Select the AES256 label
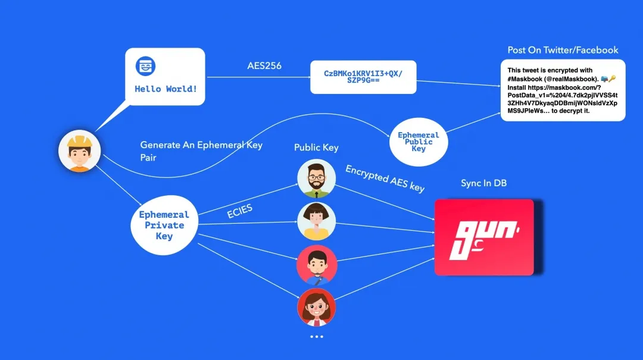(x=264, y=65)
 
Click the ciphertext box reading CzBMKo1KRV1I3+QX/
(x=363, y=77)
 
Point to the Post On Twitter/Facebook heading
(x=563, y=50)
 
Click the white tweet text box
(x=563, y=90)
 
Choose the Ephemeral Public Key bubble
(x=419, y=141)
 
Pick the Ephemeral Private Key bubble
(x=164, y=225)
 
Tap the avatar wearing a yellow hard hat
(x=79, y=151)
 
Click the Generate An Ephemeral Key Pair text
(x=201, y=151)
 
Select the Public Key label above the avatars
(x=316, y=148)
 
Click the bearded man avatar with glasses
(x=317, y=179)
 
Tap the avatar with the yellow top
(x=317, y=221)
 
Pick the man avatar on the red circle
(x=317, y=264)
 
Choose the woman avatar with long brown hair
(x=317, y=307)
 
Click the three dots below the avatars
(x=317, y=337)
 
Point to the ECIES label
(x=240, y=211)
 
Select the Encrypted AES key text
(x=385, y=179)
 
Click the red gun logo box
(x=483, y=237)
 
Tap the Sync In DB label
(x=483, y=183)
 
